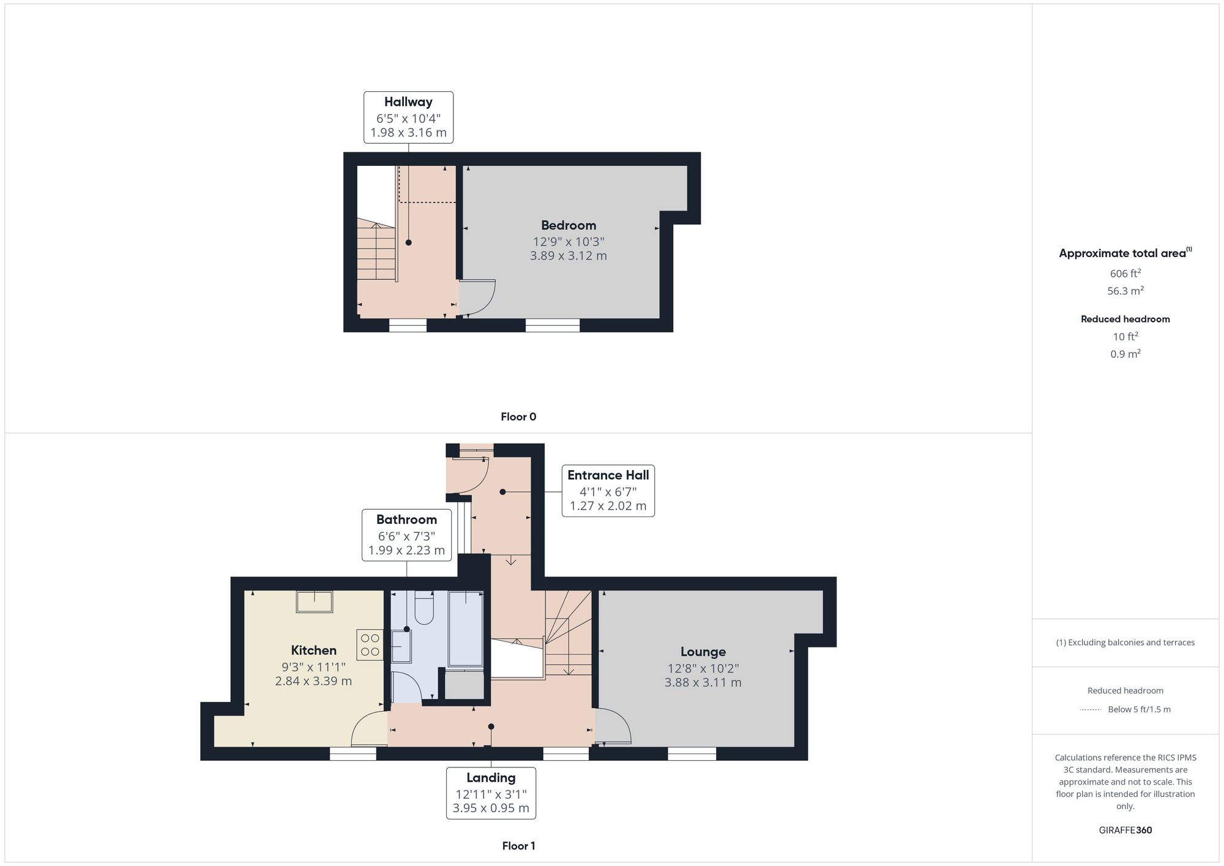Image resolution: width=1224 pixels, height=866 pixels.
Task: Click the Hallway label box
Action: pyautogui.click(x=408, y=118)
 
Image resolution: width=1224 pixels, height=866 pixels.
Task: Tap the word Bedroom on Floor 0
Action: pyautogui.click(x=569, y=225)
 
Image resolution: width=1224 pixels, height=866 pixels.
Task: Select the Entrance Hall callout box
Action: pyautogui.click(x=608, y=491)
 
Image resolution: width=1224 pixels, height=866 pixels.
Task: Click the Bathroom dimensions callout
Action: pyautogui.click(x=406, y=535)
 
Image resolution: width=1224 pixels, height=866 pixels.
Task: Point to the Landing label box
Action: pyautogui.click(x=491, y=793)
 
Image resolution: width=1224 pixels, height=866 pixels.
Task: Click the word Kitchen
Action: pyautogui.click(x=313, y=651)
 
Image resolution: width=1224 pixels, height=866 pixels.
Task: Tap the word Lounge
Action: pyautogui.click(x=703, y=652)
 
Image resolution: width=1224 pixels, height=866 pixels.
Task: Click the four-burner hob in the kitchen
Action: pyautogui.click(x=370, y=645)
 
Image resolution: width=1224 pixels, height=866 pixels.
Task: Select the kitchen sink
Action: pyautogui.click(x=315, y=602)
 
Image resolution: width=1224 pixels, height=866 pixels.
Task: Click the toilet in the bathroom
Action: pyautogui.click(x=424, y=607)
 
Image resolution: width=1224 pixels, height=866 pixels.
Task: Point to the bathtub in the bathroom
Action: pyautogui.click(x=466, y=629)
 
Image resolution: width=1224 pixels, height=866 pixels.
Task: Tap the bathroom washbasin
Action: pyautogui.click(x=401, y=646)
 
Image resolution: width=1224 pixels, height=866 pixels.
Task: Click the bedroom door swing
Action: pyautogui.click(x=477, y=299)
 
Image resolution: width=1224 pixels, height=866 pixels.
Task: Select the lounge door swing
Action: pyautogui.click(x=613, y=726)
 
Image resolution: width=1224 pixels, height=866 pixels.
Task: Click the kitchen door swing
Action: pyautogui.click(x=370, y=728)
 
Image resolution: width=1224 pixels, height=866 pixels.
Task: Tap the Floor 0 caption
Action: pyautogui.click(x=518, y=417)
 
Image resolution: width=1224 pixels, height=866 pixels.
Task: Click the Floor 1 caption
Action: pyautogui.click(x=518, y=846)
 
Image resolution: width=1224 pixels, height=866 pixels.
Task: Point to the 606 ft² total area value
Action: pyautogui.click(x=1125, y=273)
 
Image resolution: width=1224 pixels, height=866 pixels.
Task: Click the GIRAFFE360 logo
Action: pyautogui.click(x=1125, y=830)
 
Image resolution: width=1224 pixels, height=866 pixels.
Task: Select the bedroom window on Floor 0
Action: pyautogui.click(x=553, y=326)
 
